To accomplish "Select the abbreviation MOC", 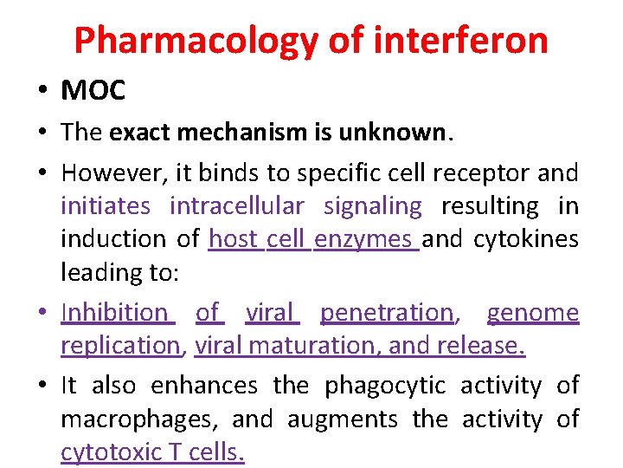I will coord(93,90).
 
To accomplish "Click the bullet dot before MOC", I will coord(42,90).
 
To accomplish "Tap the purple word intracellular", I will coord(236,206).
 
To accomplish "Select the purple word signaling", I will coord(373,206).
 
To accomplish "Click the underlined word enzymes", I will coord(363,238).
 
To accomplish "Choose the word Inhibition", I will coord(116,311).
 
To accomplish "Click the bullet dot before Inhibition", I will coord(42,312).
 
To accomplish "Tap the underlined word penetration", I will coord(387,311).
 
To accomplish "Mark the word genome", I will coord(532,311).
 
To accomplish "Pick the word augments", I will coord(342,420).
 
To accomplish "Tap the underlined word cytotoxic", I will coord(107,452).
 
